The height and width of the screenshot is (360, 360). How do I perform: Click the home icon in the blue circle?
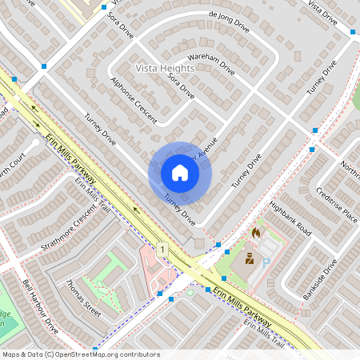click(180, 172)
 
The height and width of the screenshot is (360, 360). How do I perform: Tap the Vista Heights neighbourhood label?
click(165, 70)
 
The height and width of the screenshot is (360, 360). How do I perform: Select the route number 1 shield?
click(163, 250)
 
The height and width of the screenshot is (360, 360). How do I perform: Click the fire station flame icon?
click(256, 233)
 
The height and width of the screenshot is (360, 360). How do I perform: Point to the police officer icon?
click(250, 258)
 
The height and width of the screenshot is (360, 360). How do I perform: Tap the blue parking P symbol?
click(266, 262)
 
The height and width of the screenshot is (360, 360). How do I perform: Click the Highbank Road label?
click(289, 217)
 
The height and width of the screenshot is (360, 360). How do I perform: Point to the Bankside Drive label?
click(320, 279)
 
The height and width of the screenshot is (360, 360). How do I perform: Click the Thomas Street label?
click(84, 297)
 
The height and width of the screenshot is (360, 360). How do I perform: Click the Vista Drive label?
click(326, 11)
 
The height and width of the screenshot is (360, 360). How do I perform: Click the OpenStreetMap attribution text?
click(81, 354)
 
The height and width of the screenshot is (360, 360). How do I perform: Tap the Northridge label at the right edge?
click(350, 170)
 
